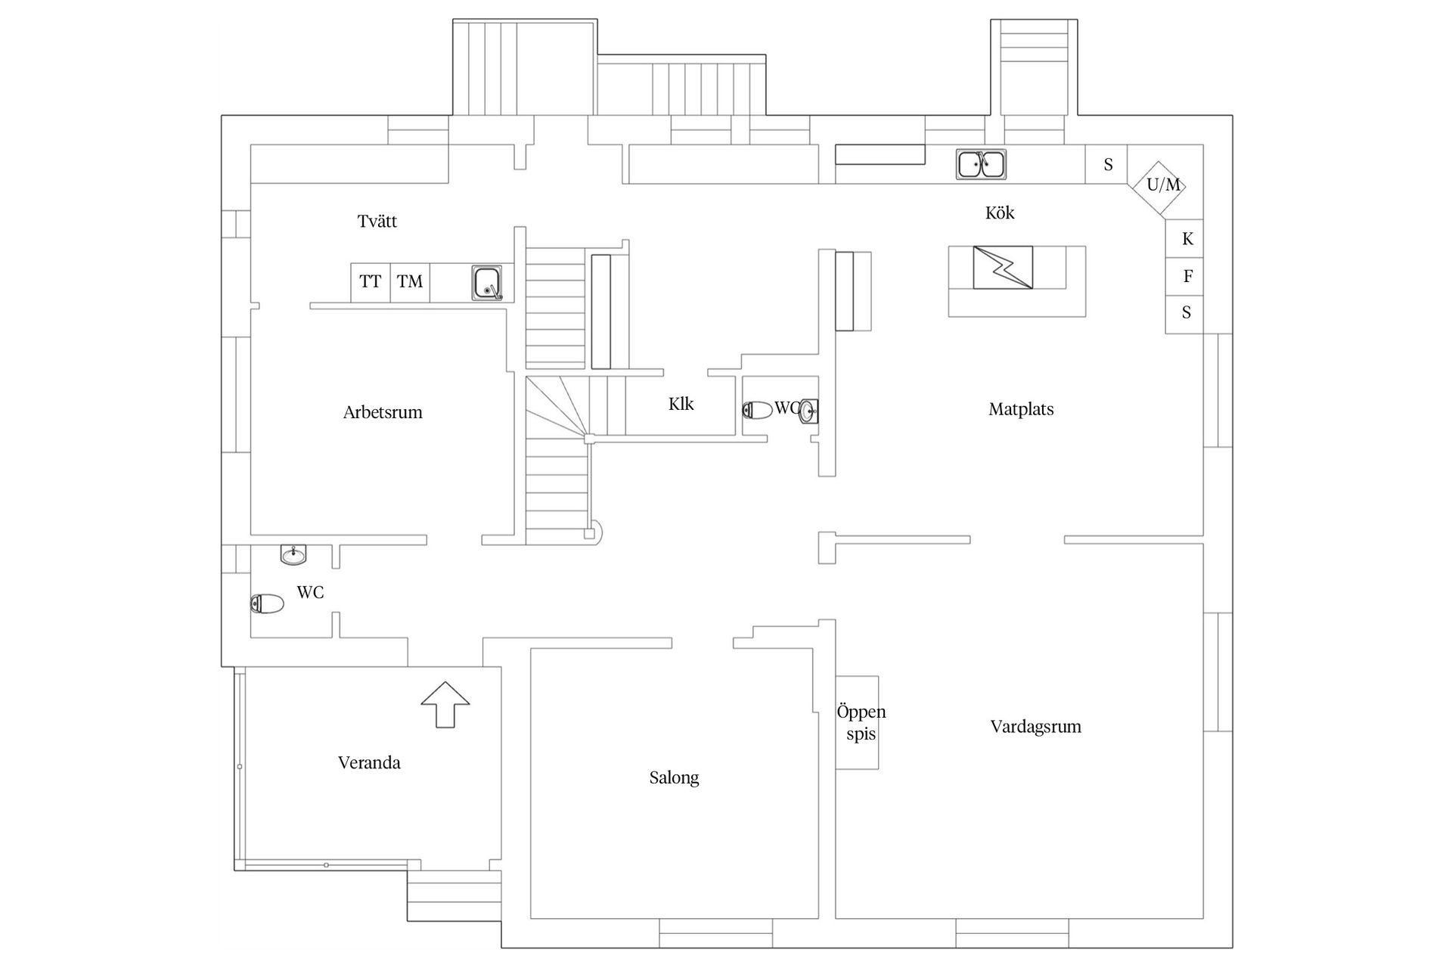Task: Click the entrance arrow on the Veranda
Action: pyautogui.click(x=445, y=704)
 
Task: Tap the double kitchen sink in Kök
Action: pyautogui.click(x=981, y=164)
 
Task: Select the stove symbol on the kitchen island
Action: pyautogui.click(x=1003, y=267)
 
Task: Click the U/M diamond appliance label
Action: pyautogui.click(x=1163, y=185)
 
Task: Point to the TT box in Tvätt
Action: pyautogui.click(x=371, y=282)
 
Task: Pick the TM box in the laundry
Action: pyautogui.click(x=410, y=282)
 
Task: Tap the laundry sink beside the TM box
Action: pyautogui.click(x=487, y=283)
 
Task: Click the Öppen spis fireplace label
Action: pyautogui.click(x=861, y=722)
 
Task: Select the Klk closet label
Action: pyautogui.click(x=681, y=404)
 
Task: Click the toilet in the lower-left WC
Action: pyautogui.click(x=267, y=603)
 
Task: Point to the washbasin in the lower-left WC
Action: pyautogui.click(x=293, y=554)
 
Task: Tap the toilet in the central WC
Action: pyautogui.click(x=758, y=410)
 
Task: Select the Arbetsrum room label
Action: pyautogui.click(x=383, y=412)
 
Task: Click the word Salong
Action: pyautogui.click(x=674, y=777)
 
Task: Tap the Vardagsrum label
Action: pyautogui.click(x=1035, y=727)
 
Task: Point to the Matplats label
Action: pyautogui.click(x=1021, y=409)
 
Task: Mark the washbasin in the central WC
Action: pyautogui.click(x=808, y=411)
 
